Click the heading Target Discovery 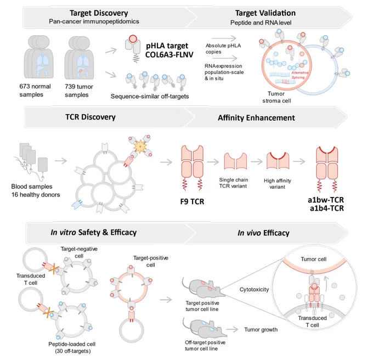pyautogui.click(x=99, y=13)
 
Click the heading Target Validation pyautogui.click(x=265, y=13)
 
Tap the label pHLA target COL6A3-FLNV pyautogui.click(x=169, y=50)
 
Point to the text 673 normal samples pyautogui.click(x=35, y=91)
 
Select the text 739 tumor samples pyautogui.click(x=79, y=91)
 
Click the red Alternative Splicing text pyautogui.click(x=299, y=75)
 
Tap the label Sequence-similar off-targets pyautogui.click(x=150, y=97)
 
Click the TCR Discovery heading pyautogui.click(x=91, y=117)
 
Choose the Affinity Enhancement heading pyautogui.click(x=256, y=118)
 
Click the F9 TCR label pyautogui.click(x=192, y=201)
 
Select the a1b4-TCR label pyautogui.click(x=327, y=209)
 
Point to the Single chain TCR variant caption pyautogui.click(x=233, y=183)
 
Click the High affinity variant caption pyautogui.click(x=278, y=184)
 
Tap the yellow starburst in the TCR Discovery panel pyautogui.click(x=140, y=147)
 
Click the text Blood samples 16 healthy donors pyautogui.click(x=36, y=190)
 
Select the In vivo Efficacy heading pyautogui.click(x=263, y=233)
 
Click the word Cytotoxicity pyautogui.click(x=254, y=290)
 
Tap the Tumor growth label pyautogui.click(x=261, y=330)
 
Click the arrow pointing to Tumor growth pyautogui.click(x=232, y=330)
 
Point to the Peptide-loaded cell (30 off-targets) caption pyautogui.click(x=72, y=347)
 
